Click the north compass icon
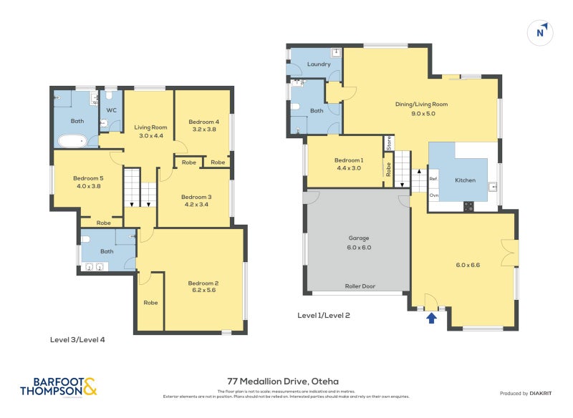click(541, 32)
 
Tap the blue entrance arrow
click(431, 317)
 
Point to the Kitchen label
click(465, 180)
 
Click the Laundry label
click(318, 64)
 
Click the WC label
click(112, 110)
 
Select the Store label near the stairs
click(389, 142)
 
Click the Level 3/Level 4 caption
click(77, 340)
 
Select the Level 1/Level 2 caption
click(323, 314)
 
